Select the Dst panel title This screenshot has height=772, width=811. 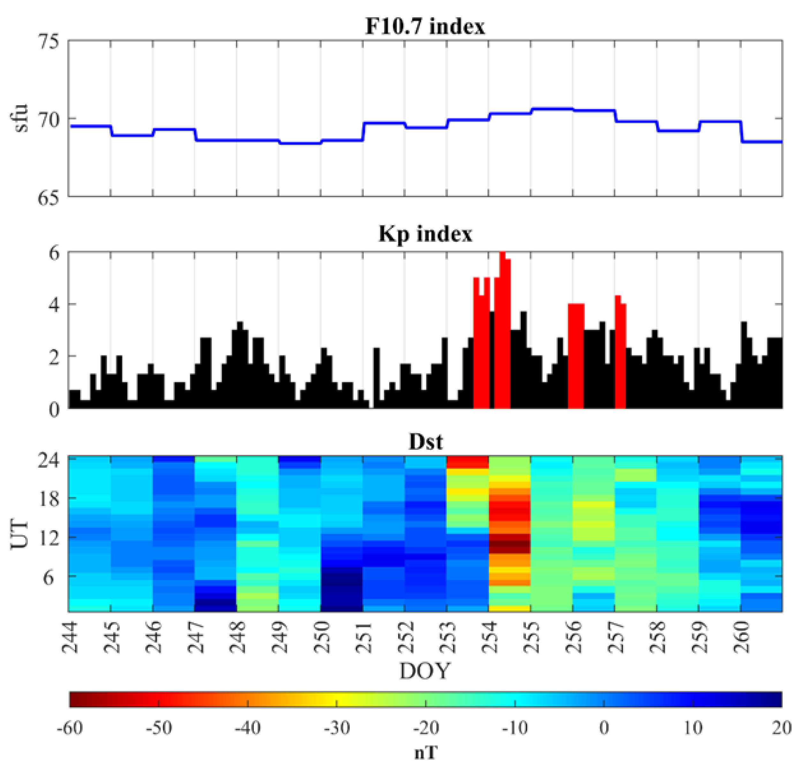(426, 442)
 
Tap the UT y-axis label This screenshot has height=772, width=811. (20, 535)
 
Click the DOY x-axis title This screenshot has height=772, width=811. (425, 671)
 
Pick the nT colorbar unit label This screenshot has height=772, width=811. (426, 752)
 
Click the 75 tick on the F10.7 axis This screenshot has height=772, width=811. (48, 41)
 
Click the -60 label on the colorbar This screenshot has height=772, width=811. (70, 728)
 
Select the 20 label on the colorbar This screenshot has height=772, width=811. (781, 728)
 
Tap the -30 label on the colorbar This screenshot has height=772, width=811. (337, 728)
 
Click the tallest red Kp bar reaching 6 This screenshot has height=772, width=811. (502, 329)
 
